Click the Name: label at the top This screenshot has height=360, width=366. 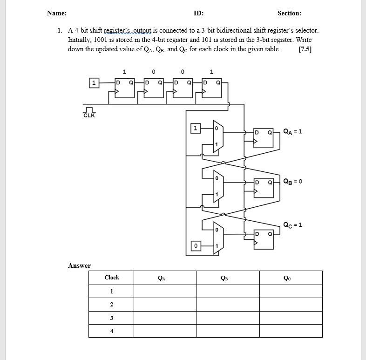pyautogui.click(x=56, y=14)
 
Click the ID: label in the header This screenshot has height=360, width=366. pyautogui.click(x=198, y=14)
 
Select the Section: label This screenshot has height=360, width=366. pyautogui.click(x=289, y=14)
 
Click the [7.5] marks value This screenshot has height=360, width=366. pyautogui.click(x=305, y=49)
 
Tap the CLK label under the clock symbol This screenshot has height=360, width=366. pyautogui.click(x=89, y=115)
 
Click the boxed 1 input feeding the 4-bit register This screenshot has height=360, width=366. pyautogui.click(x=94, y=83)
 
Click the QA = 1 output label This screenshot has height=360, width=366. pyautogui.click(x=293, y=131)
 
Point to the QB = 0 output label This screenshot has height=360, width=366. pyautogui.click(x=293, y=181)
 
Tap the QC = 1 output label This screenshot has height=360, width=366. pyautogui.click(x=293, y=224)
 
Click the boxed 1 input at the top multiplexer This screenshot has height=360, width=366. pyautogui.click(x=196, y=128)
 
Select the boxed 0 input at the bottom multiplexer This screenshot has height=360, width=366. pyautogui.click(x=196, y=245)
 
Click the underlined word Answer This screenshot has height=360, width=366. pyautogui.click(x=79, y=265)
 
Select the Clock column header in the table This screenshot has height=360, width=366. pyautogui.click(x=111, y=278)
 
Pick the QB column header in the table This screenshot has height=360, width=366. pyautogui.click(x=228, y=278)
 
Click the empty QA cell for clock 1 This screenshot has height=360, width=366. pyautogui.click(x=165, y=292)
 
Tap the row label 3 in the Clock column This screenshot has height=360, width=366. pyautogui.click(x=111, y=318)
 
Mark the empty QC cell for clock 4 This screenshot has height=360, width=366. pyautogui.click(x=291, y=331)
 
